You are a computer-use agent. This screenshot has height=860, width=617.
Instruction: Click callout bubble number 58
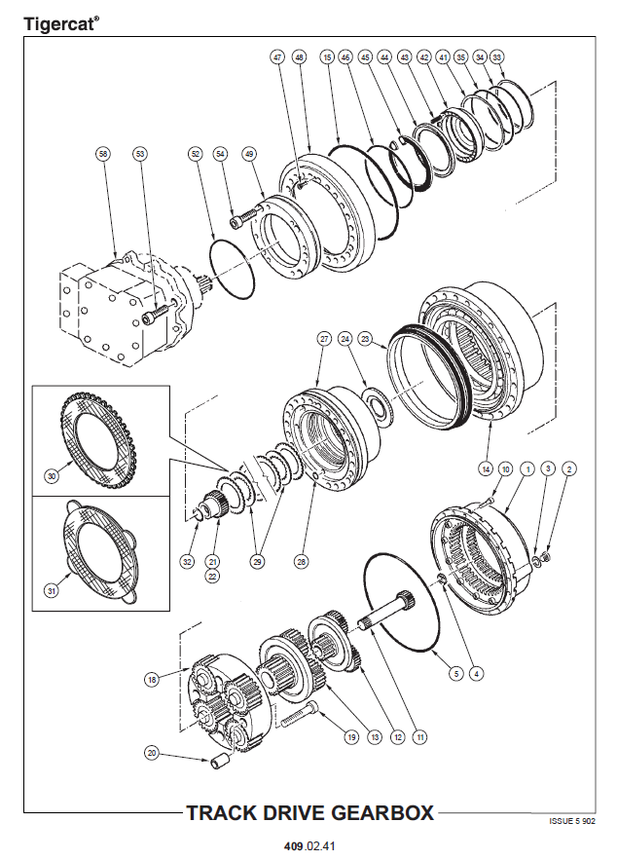click(x=104, y=154)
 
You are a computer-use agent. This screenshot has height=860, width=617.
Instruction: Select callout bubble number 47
click(x=277, y=57)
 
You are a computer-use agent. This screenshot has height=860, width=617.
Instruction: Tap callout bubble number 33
click(x=497, y=57)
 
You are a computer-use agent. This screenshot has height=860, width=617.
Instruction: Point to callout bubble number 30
click(x=53, y=476)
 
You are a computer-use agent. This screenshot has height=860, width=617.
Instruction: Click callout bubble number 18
click(x=151, y=680)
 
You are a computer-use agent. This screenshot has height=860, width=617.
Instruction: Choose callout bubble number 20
click(x=151, y=752)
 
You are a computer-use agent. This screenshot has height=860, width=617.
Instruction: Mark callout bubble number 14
click(x=485, y=469)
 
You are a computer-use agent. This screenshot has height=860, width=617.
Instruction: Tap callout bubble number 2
click(x=569, y=469)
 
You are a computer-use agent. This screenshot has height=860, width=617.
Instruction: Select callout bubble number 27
click(x=324, y=338)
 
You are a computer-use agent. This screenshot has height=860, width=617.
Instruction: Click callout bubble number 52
click(x=196, y=154)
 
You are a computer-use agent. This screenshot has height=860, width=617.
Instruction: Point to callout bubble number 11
click(x=420, y=738)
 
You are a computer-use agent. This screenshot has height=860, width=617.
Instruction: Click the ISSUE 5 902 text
click(x=572, y=821)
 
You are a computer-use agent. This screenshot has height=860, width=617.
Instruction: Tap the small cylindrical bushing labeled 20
click(x=219, y=759)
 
